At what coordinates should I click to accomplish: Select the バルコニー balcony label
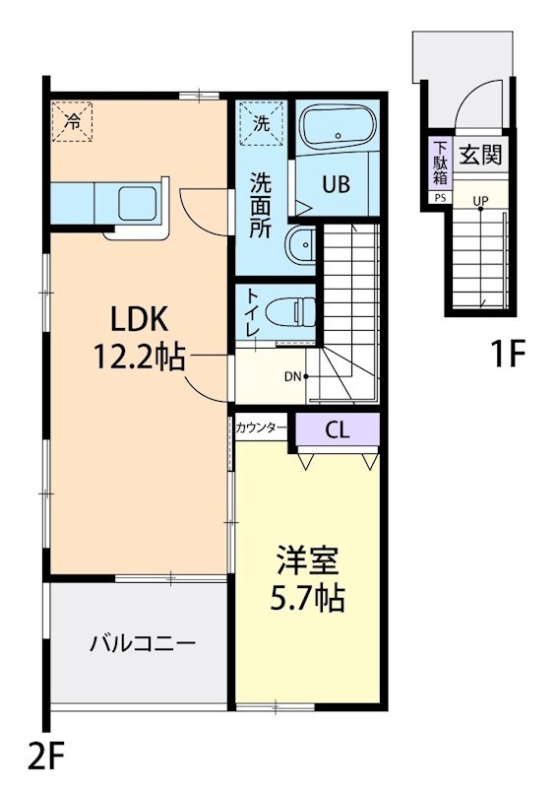point(143,645)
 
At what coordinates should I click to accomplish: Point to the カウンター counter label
point(261,428)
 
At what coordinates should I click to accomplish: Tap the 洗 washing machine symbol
point(261,123)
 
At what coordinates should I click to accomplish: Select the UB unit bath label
point(338,183)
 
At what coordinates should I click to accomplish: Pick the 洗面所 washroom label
point(261,203)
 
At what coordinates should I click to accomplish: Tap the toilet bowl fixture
point(295,312)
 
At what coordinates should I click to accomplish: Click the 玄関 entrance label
point(480,155)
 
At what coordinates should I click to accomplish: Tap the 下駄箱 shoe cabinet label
point(439,164)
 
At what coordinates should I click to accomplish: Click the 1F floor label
point(510,354)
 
